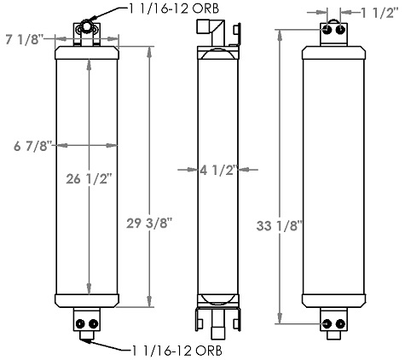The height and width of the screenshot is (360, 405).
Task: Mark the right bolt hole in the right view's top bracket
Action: [340, 31]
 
